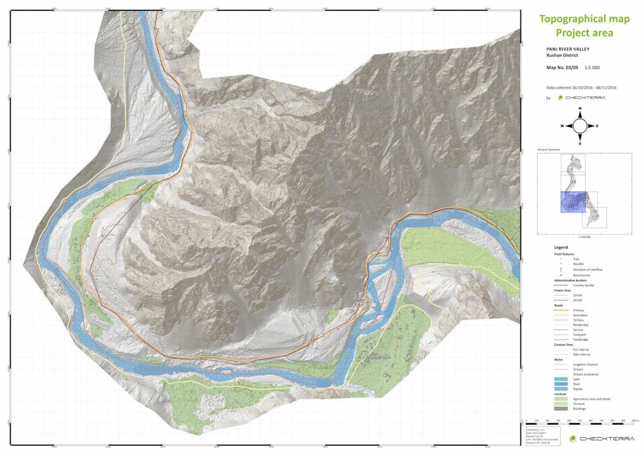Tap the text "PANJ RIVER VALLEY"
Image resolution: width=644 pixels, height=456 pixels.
[568, 48]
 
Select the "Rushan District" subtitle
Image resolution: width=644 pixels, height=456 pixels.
[562, 55]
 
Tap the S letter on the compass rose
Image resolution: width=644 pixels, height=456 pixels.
[580, 142]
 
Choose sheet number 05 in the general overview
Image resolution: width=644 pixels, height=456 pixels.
[572, 165]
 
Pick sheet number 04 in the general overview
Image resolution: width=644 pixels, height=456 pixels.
[572, 182]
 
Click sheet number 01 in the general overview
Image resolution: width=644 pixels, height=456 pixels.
[595, 217]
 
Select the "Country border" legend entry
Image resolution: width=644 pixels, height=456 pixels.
[584, 285]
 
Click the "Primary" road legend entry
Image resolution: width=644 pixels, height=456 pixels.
[579, 310]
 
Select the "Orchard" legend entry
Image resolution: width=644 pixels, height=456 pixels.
[579, 404]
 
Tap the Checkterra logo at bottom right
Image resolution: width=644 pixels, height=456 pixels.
[597, 438]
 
